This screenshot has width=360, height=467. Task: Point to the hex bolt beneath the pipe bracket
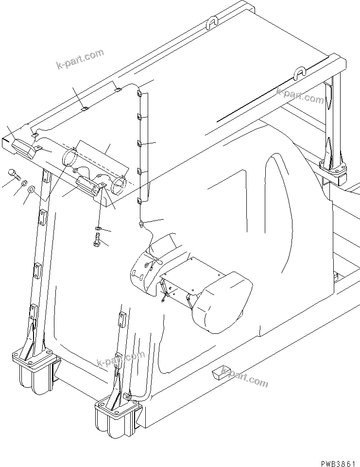click(97, 239)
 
